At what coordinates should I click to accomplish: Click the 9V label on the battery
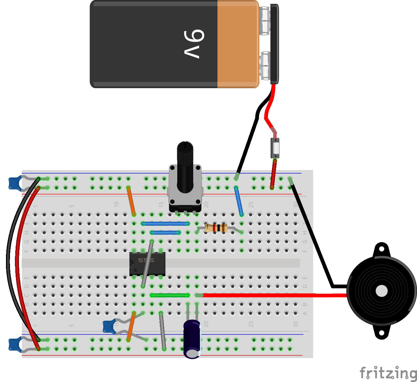point(194,44)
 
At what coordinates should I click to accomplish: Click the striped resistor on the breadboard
point(216,228)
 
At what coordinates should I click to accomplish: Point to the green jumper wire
point(170,295)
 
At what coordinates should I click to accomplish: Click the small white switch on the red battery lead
point(275,148)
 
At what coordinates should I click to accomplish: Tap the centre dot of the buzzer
point(381,291)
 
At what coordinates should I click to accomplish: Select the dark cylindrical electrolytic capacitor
point(192,339)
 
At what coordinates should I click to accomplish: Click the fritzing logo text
point(388,373)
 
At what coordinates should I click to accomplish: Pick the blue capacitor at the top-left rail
point(14,183)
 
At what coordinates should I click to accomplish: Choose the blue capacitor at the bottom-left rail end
point(14,344)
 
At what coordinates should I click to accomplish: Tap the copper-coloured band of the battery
point(237,44)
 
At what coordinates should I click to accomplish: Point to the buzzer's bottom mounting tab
point(381,332)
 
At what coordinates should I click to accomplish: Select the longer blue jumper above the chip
point(165,224)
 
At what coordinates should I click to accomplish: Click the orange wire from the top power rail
point(131,201)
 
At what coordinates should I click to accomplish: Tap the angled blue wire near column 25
point(239,201)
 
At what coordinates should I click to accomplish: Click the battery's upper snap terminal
point(265,21)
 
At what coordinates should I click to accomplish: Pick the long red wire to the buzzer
point(273,295)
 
